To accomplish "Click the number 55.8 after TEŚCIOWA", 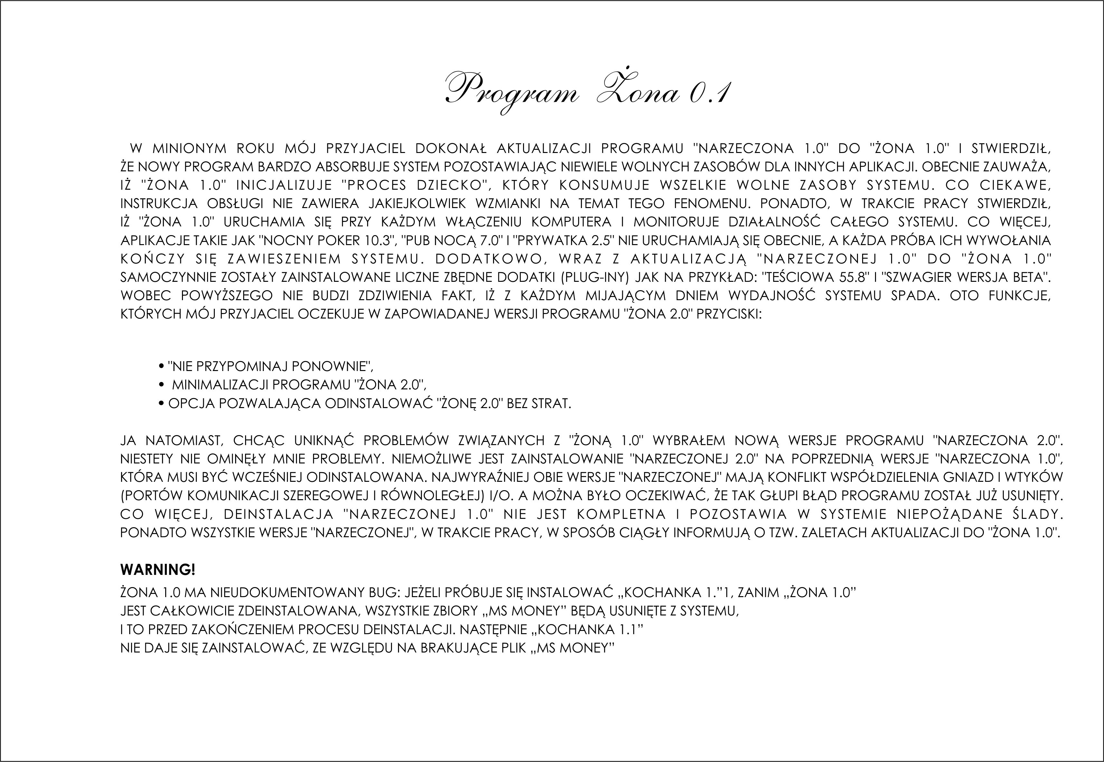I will [x=851, y=277].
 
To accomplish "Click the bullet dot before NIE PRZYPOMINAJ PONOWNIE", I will [x=161, y=367].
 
